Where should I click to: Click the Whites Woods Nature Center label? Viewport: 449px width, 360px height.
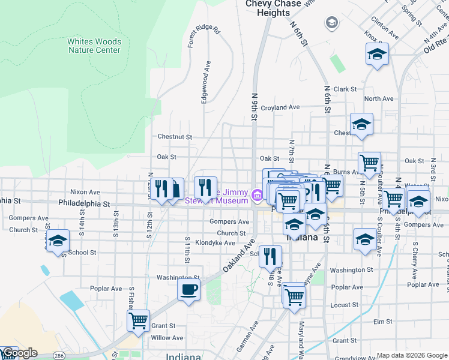pos(94,46)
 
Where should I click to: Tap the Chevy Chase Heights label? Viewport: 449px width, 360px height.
pos(268,8)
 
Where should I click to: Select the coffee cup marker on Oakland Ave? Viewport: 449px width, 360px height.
pos(188,290)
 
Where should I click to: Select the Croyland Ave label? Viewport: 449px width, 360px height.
pos(280,107)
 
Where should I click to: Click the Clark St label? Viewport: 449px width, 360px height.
pos(345,89)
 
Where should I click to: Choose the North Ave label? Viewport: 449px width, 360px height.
pos(378,98)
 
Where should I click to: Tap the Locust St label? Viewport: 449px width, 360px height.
pos(345,305)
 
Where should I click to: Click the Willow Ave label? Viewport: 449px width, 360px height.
pos(167,338)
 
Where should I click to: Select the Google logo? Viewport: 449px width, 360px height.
pos(19,353)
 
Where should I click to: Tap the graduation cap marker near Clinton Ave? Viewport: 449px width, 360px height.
pos(376,55)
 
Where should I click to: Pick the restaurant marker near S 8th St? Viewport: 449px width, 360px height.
pos(270,257)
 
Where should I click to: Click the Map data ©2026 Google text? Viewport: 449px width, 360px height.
pos(411,355)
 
